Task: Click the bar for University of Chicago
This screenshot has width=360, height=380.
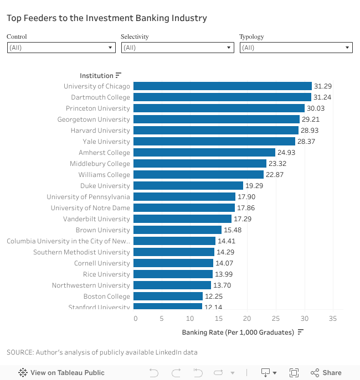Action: (222, 86)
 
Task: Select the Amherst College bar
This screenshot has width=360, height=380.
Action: (204, 153)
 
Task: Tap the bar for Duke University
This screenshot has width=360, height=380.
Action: (188, 186)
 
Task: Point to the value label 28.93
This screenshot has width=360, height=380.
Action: (310, 131)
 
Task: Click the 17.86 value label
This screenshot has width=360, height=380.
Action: (246, 208)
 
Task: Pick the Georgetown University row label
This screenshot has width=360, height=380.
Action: (94, 119)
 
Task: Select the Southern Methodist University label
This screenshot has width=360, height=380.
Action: (81, 252)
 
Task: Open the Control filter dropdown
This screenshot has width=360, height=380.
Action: (61, 48)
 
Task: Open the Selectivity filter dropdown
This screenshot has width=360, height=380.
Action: (177, 48)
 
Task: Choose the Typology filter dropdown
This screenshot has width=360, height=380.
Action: (296, 48)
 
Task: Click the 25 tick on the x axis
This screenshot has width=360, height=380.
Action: (276, 319)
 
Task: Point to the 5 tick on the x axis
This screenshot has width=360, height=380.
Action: (162, 319)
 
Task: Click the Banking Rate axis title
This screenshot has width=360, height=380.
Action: (238, 332)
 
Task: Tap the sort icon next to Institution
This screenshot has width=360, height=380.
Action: (119, 76)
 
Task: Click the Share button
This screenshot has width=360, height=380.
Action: (326, 373)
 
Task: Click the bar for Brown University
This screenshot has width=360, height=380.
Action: (177, 230)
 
